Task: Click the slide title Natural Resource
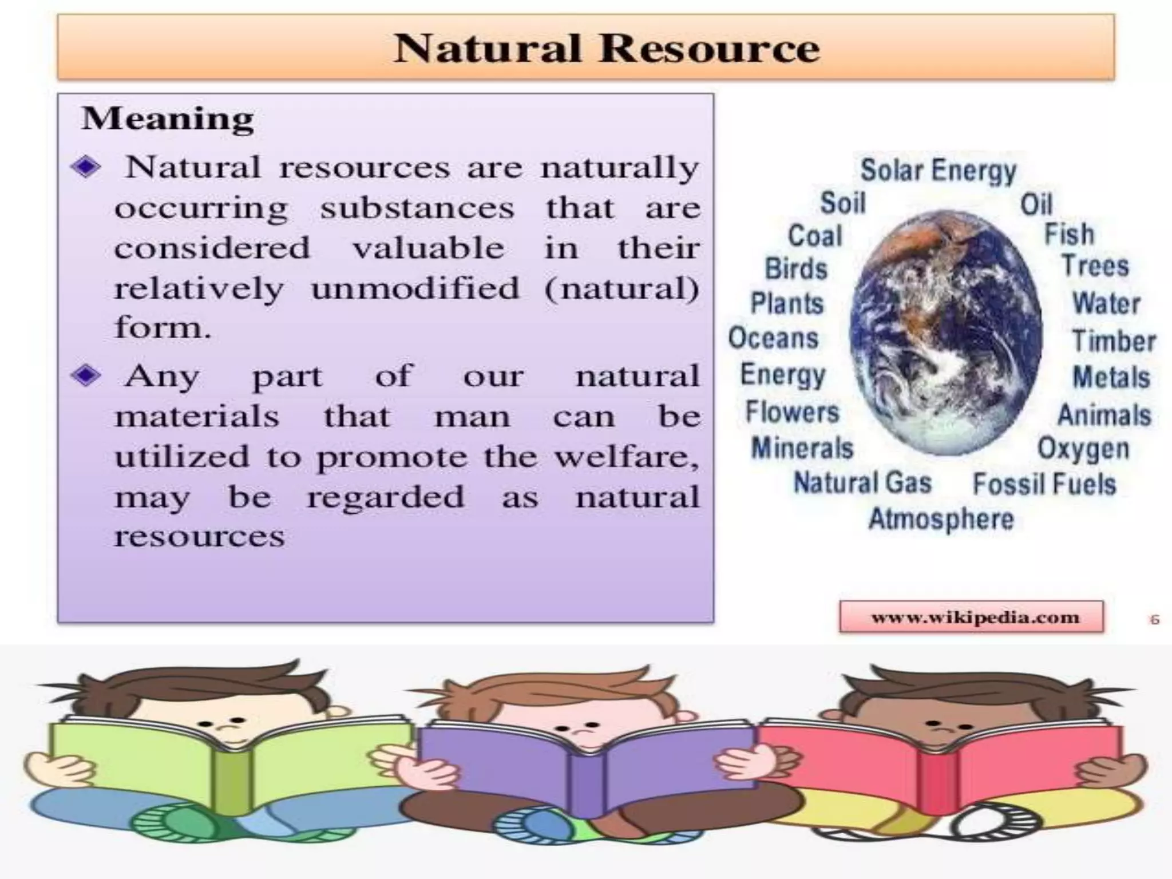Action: coord(607,48)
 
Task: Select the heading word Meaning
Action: coord(168,119)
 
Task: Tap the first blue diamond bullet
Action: coord(86,168)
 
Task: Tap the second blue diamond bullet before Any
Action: coord(86,376)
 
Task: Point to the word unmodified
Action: coord(415,288)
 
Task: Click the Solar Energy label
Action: coord(938,171)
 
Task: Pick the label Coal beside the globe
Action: coord(815,236)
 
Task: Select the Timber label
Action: coord(1114,341)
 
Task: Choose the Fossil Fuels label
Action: coord(1044,484)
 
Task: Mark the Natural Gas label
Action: coord(862,482)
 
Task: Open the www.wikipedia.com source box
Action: coord(971,617)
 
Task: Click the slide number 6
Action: coord(1154,619)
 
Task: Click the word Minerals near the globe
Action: coord(802,448)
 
